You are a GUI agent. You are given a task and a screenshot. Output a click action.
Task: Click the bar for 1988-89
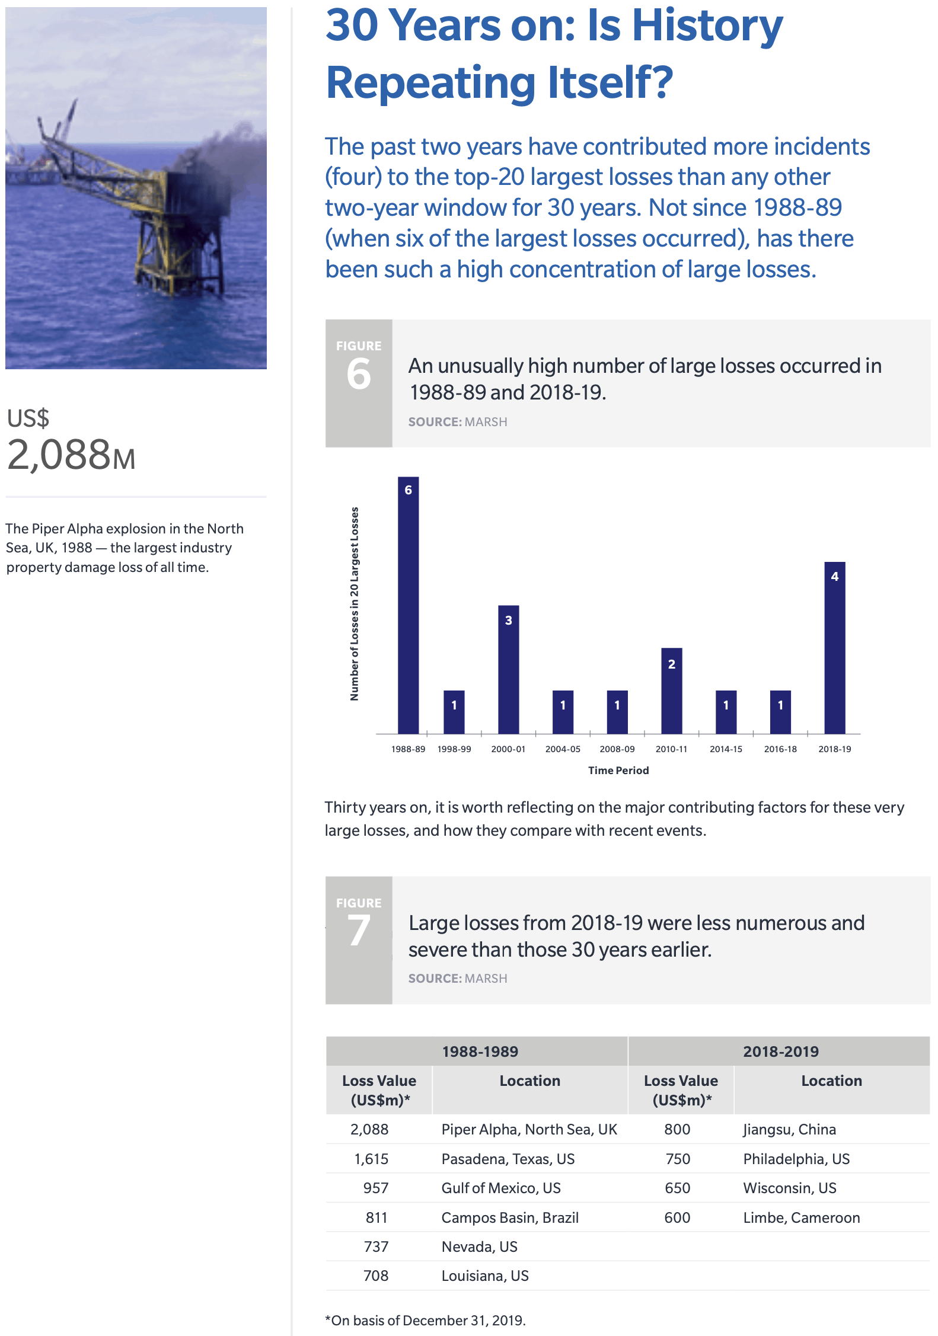click(408, 605)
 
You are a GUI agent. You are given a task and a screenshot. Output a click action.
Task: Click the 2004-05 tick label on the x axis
click(563, 749)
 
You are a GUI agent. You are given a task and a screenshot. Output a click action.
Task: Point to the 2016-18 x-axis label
click(780, 749)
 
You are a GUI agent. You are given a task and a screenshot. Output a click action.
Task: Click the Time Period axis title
click(618, 771)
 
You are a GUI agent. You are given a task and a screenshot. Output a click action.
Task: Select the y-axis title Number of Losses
click(355, 603)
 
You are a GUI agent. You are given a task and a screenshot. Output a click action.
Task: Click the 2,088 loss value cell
click(369, 1129)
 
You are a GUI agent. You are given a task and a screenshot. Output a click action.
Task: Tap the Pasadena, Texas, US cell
click(508, 1159)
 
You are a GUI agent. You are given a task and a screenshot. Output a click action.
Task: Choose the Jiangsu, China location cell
click(790, 1129)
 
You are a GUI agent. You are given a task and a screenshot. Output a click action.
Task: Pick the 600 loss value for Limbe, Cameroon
click(677, 1217)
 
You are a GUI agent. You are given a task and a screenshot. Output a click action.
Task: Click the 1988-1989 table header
click(480, 1051)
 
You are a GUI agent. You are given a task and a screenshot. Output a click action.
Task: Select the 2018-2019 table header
click(780, 1051)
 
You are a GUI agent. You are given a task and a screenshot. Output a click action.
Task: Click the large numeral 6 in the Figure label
click(359, 375)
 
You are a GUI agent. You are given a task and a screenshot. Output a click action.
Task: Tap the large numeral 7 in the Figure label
click(359, 931)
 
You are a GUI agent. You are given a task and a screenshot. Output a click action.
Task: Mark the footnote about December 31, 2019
click(425, 1321)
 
